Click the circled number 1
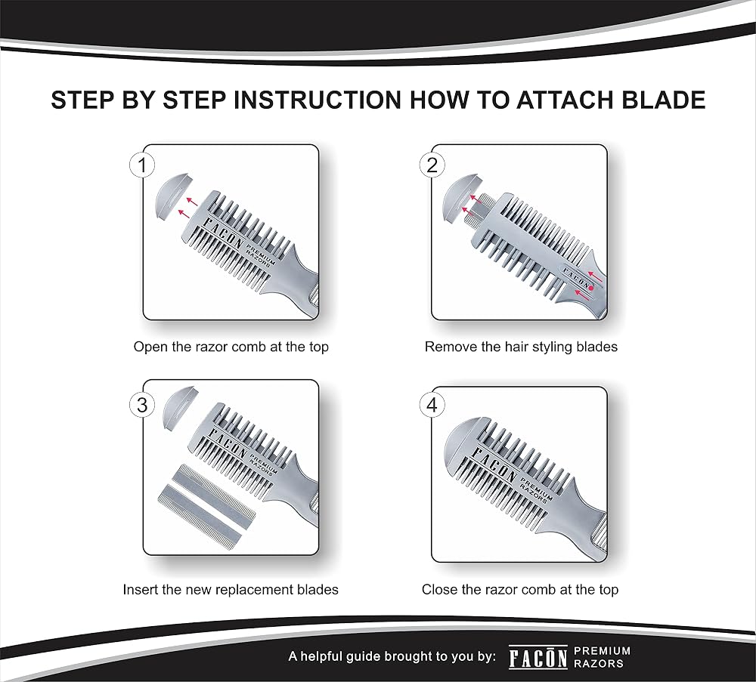click(142, 165)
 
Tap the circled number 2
click(432, 165)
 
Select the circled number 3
click(142, 405)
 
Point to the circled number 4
click(432, 405)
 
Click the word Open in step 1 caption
click(150, 347)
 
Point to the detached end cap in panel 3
click(178, 407)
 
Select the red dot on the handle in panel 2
click(591, 287)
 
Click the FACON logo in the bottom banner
click(538, 658)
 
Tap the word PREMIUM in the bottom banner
click(603, 652)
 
